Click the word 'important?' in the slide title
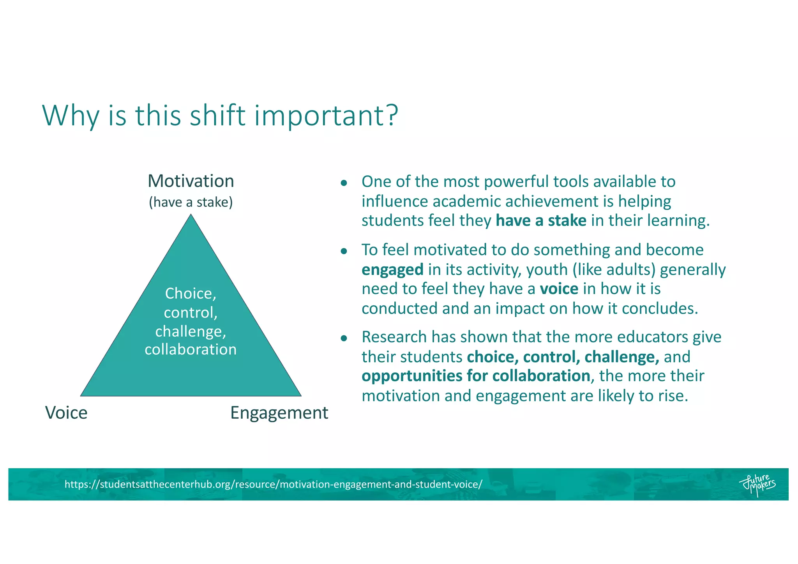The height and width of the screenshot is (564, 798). point(327,116)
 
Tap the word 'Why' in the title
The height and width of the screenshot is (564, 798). point(71,116)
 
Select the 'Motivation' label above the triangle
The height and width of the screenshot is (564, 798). point(191,181)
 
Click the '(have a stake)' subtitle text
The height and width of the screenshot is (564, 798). point(191,202)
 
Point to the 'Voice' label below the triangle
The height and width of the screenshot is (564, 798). point(66,412)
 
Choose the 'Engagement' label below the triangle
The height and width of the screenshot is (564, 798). point(279,412)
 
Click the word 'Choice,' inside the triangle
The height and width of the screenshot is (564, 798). point(191,293)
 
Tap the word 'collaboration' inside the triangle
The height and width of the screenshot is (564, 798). point(191,349)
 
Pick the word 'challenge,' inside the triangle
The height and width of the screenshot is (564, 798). point(191,331)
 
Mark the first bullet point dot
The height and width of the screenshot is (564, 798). point(343,183)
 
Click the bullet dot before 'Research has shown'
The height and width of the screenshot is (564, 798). point(343,338)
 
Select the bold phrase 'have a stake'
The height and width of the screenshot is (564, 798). point(540,220)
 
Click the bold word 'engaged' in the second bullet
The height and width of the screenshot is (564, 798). point(392,270)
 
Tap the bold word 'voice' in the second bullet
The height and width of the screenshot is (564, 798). point(559,289)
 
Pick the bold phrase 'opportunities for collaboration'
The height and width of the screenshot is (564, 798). point(475,376)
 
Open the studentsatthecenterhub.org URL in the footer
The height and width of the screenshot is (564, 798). point(273,484)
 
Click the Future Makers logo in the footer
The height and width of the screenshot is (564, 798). point(757,485)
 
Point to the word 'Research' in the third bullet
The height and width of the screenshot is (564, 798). point(394,337)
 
